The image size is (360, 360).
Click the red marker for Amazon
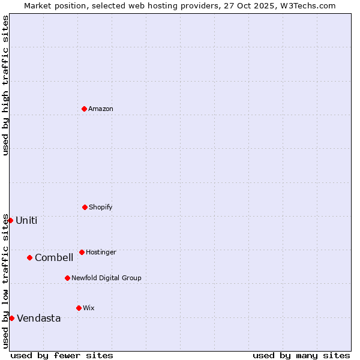click(x=84, y=109)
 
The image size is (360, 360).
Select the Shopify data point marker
click(x=85, y=207)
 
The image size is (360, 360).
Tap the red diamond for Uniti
click(x=10, y=220)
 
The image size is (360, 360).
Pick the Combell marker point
click(x=29, y=257)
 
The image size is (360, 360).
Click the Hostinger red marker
click(x=82, y=252)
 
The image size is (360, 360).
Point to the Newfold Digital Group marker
click(x=67, y=278)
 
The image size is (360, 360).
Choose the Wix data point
click(x=79, y=308)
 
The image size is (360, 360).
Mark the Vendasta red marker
click(x=11, y=318)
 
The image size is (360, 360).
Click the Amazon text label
click(x=101, y=109)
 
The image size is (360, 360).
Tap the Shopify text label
click(x=100, y=207)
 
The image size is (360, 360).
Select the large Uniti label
click(x=26, y=220)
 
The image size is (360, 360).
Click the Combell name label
click(x=54, y=257)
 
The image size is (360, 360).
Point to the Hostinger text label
click(x=101, y=252)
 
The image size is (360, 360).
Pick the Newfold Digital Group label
click(x=106, y=278)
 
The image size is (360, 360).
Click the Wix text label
click(x=88, y=308)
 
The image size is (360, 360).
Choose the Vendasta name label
click(x=38, y=318)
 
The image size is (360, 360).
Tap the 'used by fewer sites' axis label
click(x=62, y=355)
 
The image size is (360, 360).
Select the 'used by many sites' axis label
click(x=301, y=355)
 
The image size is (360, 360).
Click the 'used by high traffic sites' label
click(x=5, y=85)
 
